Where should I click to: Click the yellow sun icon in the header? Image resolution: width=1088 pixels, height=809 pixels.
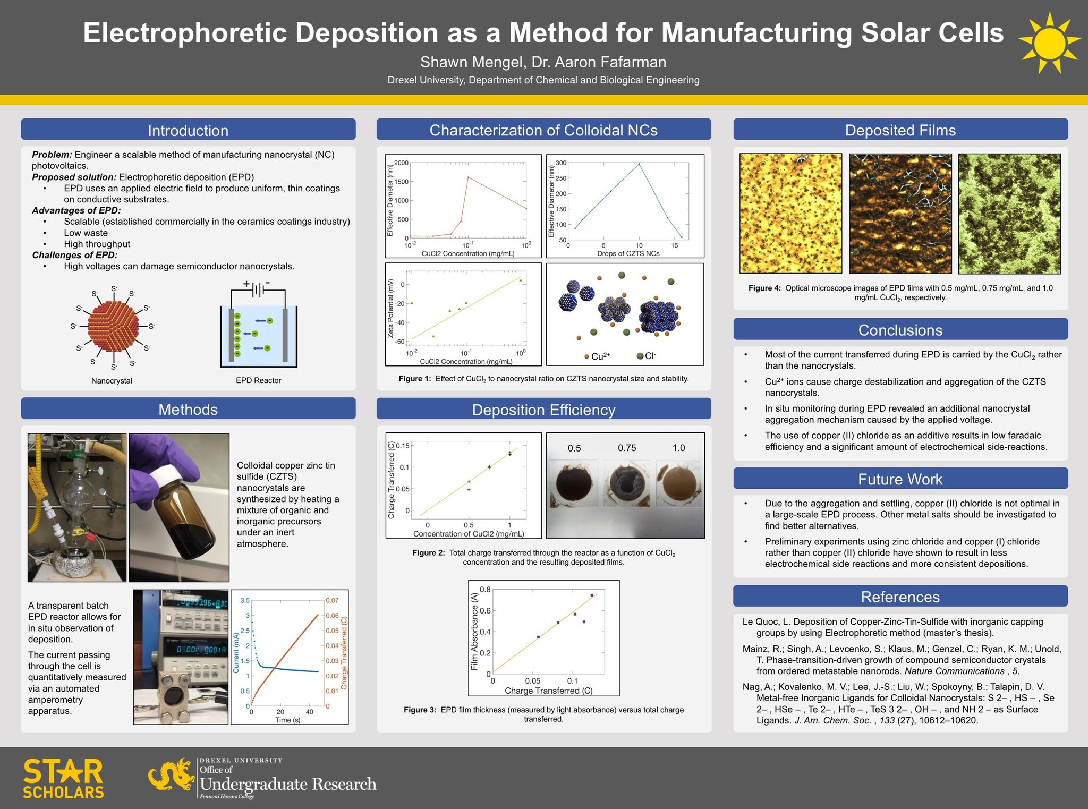1049,42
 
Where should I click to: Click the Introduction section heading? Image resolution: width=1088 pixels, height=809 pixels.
188,130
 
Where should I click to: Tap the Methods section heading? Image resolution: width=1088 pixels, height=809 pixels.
188,410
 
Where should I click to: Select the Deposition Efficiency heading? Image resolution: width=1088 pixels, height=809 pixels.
543,410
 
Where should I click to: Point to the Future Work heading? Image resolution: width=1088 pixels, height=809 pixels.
900,479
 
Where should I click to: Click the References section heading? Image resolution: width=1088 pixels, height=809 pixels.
900,597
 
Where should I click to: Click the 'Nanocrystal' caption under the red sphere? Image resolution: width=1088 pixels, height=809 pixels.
112,381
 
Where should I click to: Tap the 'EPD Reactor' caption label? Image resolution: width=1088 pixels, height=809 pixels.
258,381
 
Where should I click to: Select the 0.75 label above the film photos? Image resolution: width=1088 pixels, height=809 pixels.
627,448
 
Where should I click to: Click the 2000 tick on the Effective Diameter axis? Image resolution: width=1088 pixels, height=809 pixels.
401,163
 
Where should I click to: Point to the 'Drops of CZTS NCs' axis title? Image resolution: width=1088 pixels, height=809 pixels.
628,254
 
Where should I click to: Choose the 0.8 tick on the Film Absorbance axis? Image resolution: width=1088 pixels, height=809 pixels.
485,590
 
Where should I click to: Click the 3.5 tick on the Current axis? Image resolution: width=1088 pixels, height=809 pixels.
245,601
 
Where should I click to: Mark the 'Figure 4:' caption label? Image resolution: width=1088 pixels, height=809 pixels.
764,288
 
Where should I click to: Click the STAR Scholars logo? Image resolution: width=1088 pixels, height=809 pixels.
63,779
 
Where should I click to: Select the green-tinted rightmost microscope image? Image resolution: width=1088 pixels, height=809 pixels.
1009,214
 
